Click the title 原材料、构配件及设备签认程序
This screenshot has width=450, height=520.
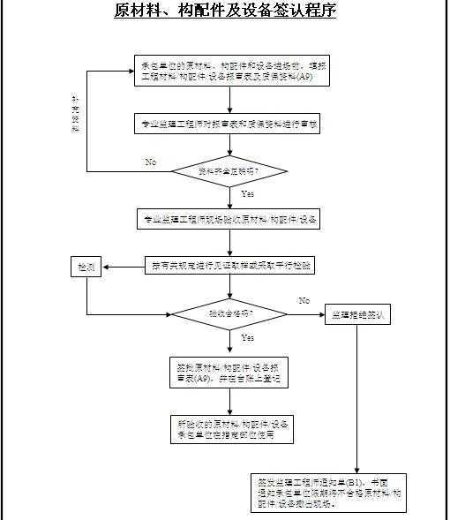pos(225,11)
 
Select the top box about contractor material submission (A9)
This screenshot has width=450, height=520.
pos(229,72)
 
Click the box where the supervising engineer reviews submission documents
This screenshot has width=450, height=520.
pos(229,124)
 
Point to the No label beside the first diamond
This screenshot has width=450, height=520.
pos(151,162)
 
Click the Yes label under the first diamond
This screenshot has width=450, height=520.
pos(247,192)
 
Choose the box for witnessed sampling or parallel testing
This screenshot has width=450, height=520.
pos(229,265)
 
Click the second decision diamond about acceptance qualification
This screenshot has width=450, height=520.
pos(229,313)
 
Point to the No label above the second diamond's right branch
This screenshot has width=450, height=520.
pos(304,301)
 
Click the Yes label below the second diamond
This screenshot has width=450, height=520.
pos(247,337)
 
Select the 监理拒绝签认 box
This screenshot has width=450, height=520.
pos(358,314)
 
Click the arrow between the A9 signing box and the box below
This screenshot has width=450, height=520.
pos(229,402)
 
